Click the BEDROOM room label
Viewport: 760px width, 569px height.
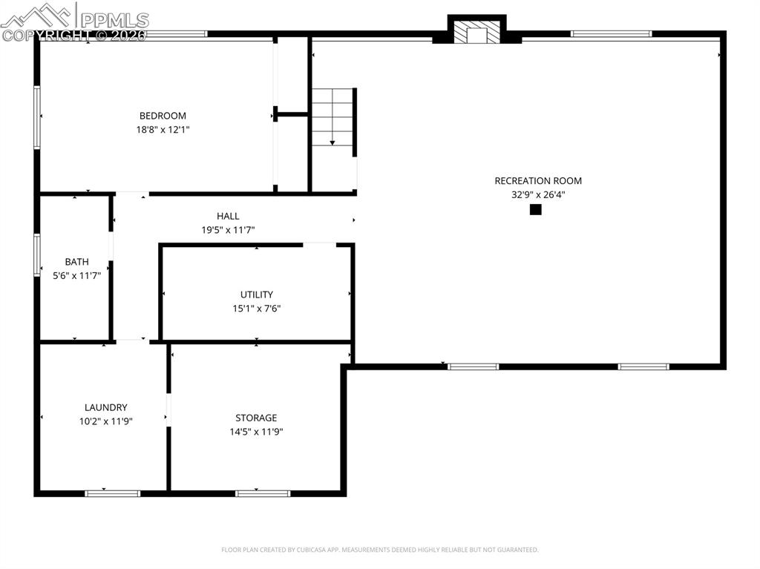coord(163,116)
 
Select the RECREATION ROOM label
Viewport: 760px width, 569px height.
coord(538,181)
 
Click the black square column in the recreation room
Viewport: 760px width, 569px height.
coord(535,210)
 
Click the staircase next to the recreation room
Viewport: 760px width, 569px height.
coord(332,117)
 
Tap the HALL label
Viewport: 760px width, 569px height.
coord(228,216)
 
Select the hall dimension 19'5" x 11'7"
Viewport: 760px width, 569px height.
coord(228,230)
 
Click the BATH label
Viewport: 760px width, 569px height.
coord(76,262)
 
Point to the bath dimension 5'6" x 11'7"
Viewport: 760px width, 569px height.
coord(76,275)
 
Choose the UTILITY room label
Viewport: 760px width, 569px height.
coord(257,295)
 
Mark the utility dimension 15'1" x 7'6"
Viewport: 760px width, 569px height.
coord(257,309)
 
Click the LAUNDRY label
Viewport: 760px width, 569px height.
coord(105,407)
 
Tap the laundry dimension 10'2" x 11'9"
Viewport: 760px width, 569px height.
coord(105,421)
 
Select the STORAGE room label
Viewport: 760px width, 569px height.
coord(256,418)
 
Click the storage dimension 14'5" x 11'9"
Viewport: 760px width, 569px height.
coord(256,431)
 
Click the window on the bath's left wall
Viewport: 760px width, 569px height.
coord(36,256)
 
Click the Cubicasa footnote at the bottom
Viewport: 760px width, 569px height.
coord(379,550)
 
